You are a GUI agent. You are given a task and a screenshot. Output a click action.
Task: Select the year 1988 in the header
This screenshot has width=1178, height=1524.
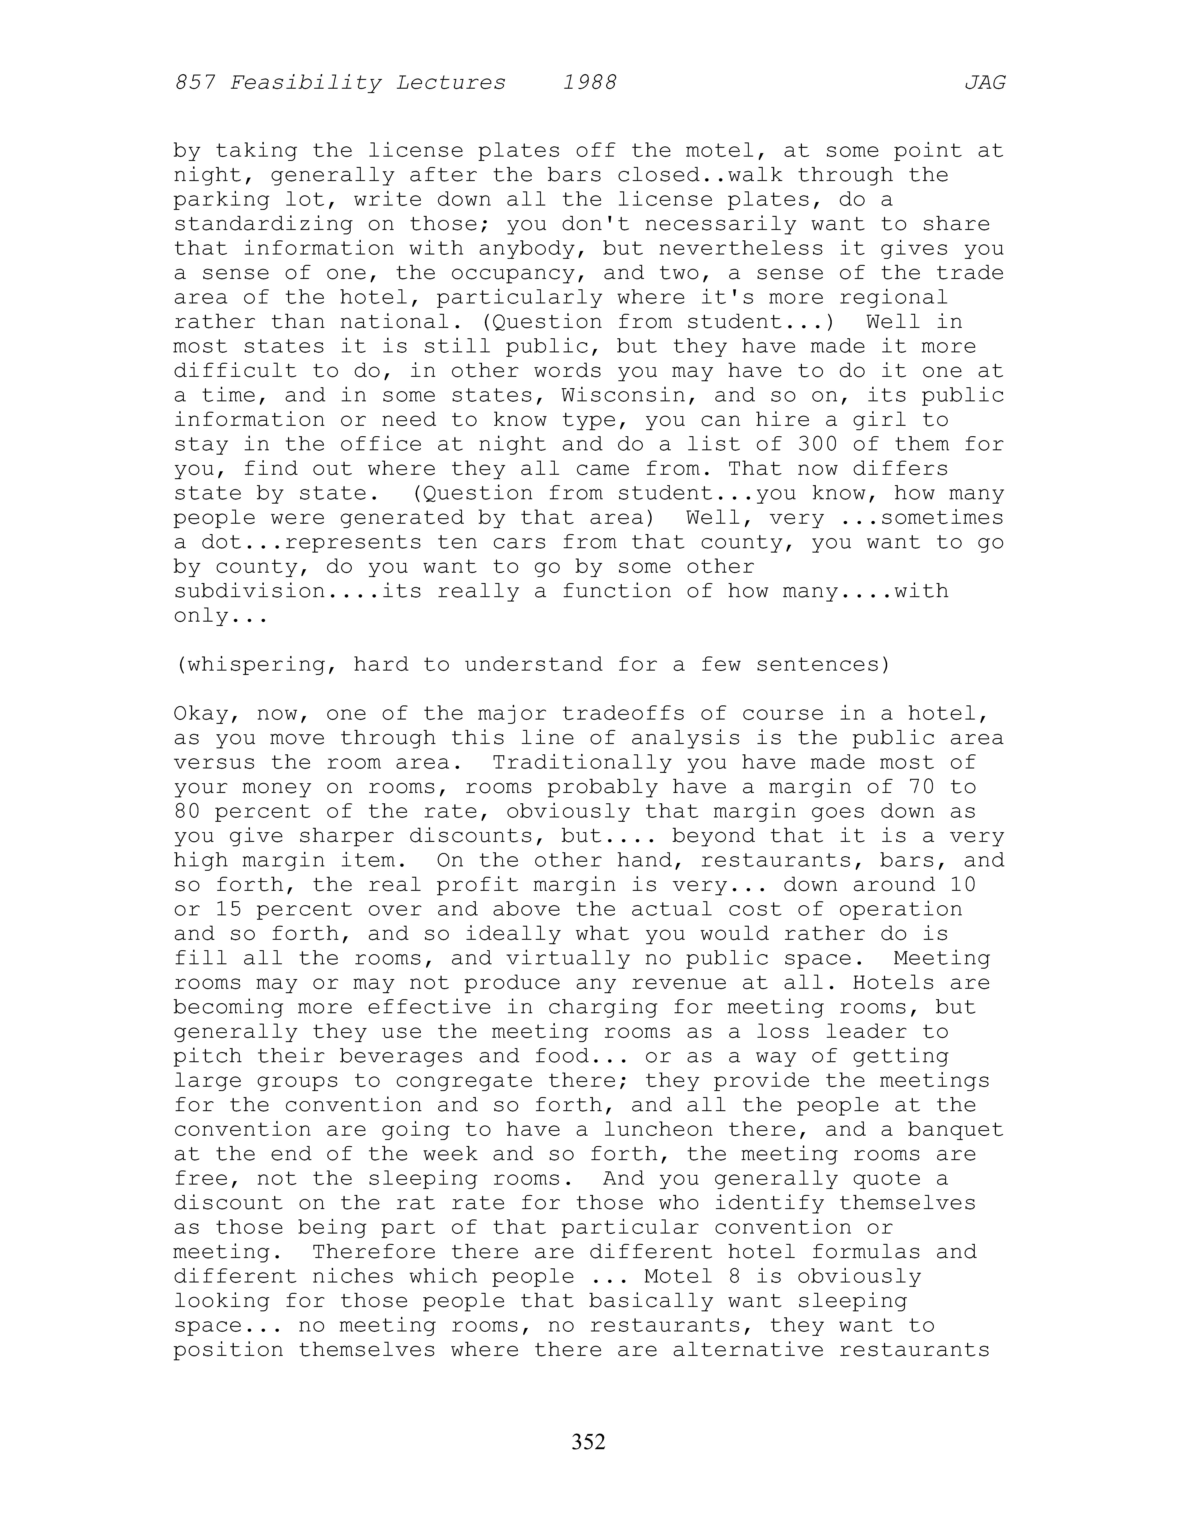590,83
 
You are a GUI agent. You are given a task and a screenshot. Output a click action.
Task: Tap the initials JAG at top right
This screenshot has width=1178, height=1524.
985,83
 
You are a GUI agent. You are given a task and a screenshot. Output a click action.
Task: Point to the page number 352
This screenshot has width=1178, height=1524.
588,1441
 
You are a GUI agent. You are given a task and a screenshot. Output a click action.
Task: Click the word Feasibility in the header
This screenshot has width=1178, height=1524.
306,83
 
